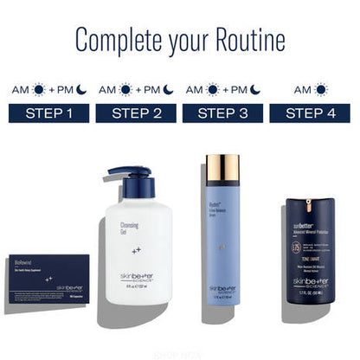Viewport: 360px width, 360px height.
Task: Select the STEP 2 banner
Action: [x=135, y=113]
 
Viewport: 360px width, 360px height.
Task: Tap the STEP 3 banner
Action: [x=222, y=113]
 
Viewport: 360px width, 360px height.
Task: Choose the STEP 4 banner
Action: [x=309, y=113]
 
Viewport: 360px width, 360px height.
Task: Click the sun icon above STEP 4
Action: [x=321, y=90]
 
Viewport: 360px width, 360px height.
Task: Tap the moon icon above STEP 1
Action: [x=82, y=90]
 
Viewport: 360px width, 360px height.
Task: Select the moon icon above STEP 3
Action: [x=256, y=90]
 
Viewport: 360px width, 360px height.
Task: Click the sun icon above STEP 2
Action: [x=126, y=90]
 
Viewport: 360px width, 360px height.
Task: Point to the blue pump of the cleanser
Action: [x=127, y=181]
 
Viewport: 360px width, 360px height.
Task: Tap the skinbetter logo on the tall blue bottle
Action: [x=223, y=289]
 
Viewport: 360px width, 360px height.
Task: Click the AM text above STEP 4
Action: [x=303, y=90]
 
